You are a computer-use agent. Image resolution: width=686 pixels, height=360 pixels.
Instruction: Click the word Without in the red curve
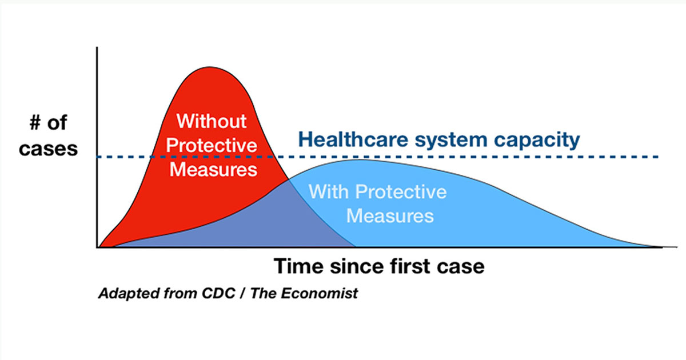(x=212, y=121)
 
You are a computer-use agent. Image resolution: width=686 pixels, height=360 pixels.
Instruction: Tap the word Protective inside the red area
(x=212, y=145)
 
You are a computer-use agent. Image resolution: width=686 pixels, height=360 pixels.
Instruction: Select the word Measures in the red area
(x=213, y=169)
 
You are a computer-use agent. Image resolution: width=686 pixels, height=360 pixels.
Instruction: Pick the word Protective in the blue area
(x=401, y=191)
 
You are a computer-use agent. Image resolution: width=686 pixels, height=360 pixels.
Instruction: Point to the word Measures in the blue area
(x=390, y=215)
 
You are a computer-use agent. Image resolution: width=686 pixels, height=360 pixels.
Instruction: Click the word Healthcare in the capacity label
(x=353, y=139)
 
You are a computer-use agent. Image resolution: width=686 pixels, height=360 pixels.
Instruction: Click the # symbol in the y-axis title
(x=35, y=123)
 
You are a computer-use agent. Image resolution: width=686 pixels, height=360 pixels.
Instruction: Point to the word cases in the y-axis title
(x=49, y=149)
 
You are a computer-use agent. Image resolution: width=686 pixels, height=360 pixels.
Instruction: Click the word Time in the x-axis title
(x=298, y=266)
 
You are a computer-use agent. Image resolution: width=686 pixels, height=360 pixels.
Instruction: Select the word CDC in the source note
(x=218, y=293)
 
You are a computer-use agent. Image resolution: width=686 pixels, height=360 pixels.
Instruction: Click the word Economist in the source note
(x=319, y=293)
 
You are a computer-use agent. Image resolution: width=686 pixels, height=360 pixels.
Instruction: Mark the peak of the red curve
(x=210, y=67)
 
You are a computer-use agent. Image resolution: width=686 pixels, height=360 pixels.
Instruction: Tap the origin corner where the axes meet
(x=97, y=247)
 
